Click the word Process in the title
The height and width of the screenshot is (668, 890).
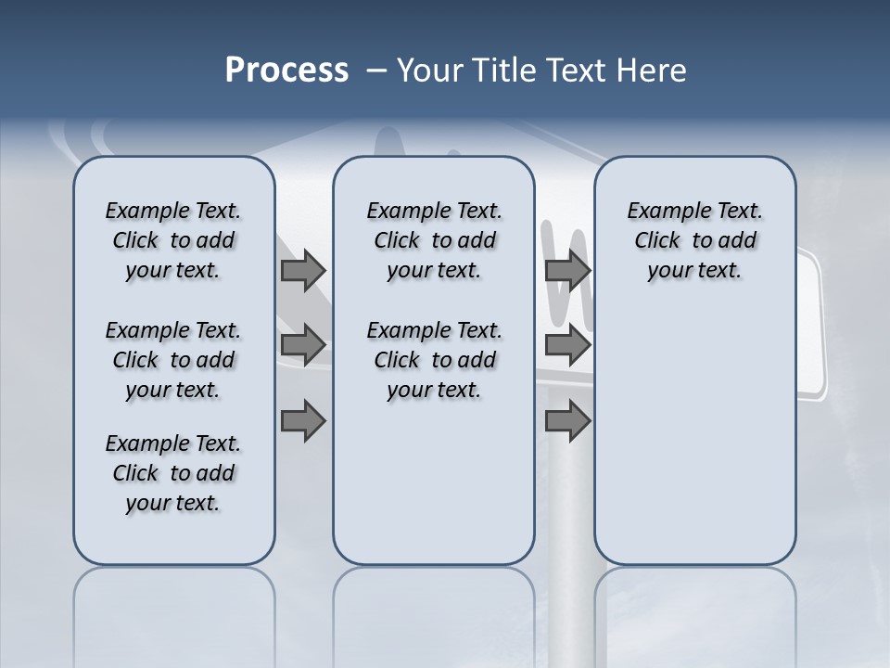tap(286, 71)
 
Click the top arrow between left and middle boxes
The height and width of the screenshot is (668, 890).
tap(303, 271)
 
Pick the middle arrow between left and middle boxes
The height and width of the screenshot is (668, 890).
tap(303, 346)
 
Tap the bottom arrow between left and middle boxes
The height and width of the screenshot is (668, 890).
tap(303, 421)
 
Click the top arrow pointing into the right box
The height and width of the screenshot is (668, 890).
tap(567, 271)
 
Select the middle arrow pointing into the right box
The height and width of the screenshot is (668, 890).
tap(567, 346)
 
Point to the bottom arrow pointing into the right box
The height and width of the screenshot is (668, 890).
tap(567, 421)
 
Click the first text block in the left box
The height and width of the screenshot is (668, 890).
tap(173, 240)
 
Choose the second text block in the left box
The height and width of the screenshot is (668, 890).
tap(173, 360)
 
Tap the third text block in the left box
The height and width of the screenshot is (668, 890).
tap(173, 473)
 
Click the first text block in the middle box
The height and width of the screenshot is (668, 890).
tap(434, 240)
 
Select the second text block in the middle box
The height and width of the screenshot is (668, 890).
tap(434, 360)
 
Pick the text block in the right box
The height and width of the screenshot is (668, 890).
tap(694, 240)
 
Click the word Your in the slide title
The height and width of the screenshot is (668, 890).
tap(431, 71)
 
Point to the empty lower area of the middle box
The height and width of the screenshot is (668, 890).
tap(434, 482)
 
